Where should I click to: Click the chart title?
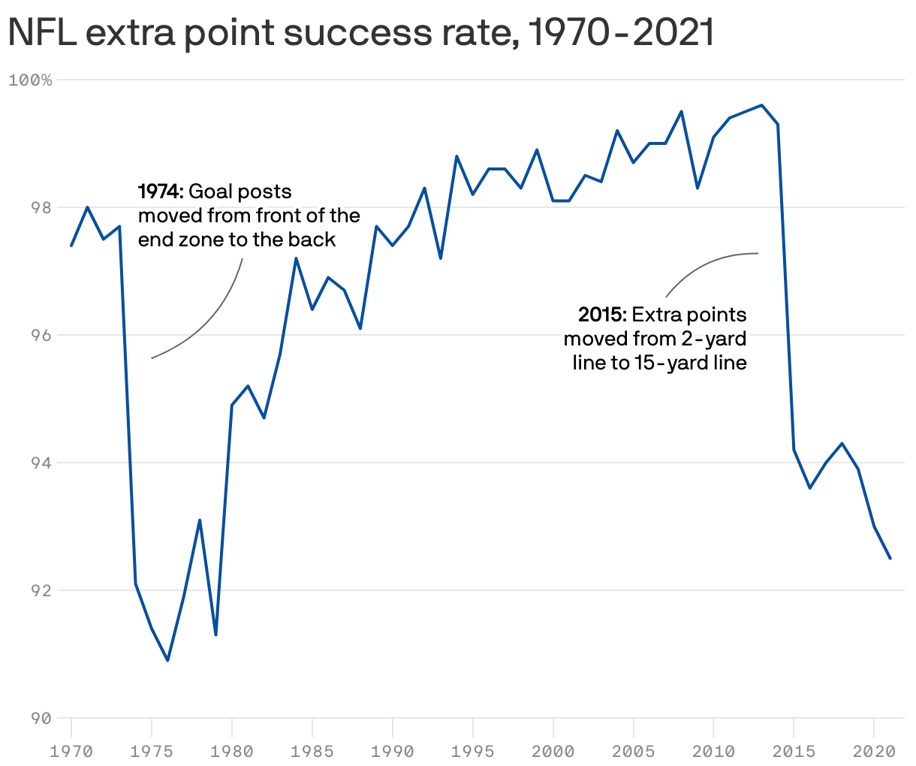click(360, 33)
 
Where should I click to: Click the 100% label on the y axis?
click(30, 80)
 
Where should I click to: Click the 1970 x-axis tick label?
click(71, 752)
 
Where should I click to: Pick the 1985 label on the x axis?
click(312, 752)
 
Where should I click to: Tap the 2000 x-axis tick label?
click(553, 752)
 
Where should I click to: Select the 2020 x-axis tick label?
click(874, 752)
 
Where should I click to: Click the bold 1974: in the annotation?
click(160, 192)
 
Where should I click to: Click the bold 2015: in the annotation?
click(601, 314)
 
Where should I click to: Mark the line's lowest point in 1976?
click(167, 661)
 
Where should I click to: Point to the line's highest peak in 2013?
click(761, 105)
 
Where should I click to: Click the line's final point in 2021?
click(890, 558)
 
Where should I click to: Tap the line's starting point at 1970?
click(71, 246)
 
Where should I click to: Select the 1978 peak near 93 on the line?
click(200, 520)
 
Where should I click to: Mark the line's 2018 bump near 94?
click(842, 443)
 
